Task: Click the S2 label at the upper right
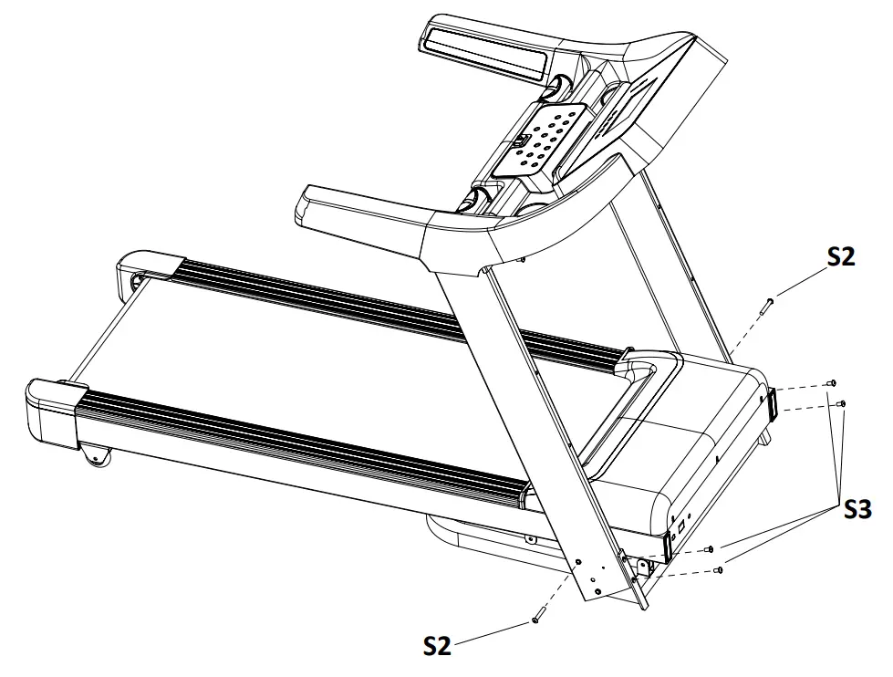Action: (841, 256)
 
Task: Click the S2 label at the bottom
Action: (437, 645)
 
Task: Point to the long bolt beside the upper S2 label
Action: (767, 305)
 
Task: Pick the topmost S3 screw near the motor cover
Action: (831, 383)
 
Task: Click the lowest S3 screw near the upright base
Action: (720, 570)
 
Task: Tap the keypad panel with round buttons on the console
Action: (545, 137)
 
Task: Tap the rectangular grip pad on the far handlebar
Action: (484, 49)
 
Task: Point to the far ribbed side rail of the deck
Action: (392, 305)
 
